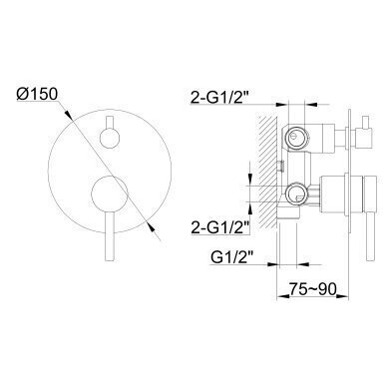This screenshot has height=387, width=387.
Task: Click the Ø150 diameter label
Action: click(37, 94)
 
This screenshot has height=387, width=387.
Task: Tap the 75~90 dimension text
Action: click(312, 289)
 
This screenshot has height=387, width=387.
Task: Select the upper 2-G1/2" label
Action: click(219, 98)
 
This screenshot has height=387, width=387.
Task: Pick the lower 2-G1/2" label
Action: click(220, 228)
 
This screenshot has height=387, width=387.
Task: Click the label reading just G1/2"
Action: click(230, 257)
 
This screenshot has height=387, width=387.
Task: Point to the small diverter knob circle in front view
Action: click(110, 138)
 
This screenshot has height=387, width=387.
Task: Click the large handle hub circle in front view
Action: click(110, 193)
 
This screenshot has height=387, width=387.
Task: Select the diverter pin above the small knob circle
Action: click(110, 123)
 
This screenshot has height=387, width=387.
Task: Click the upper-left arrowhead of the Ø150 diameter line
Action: click(68, 114)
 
